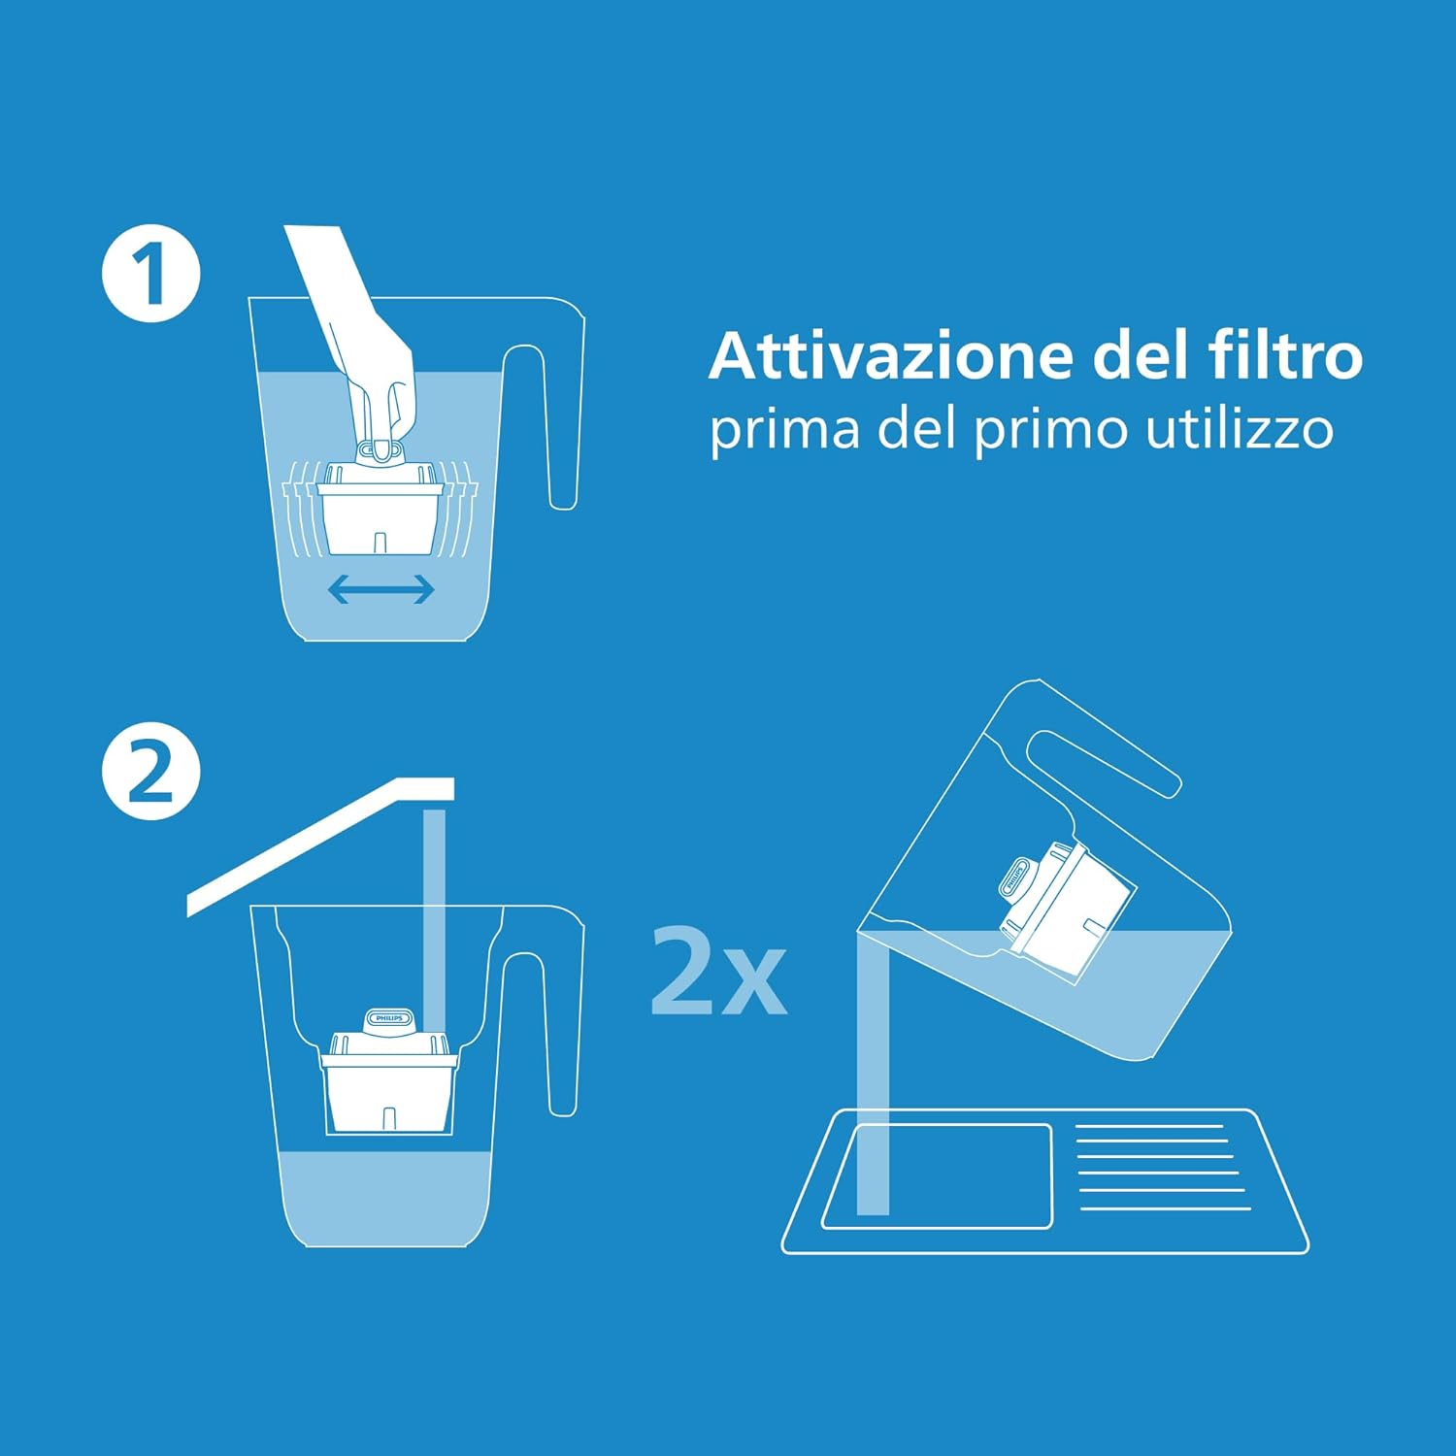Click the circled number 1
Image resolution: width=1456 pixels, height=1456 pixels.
click(x=150, y=274)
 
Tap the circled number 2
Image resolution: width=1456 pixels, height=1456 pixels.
click(x=150, y=772)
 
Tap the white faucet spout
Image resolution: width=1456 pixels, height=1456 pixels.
click(x=320, y=844)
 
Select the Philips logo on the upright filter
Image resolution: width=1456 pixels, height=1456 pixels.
click(x=389, y=1018)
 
